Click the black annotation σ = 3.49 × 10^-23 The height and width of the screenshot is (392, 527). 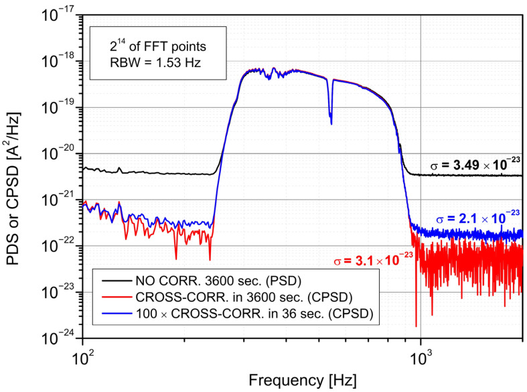click(475, 163)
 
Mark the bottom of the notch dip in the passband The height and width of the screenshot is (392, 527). click(331, 123)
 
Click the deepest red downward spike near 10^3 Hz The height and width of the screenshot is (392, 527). click(417, 325)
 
